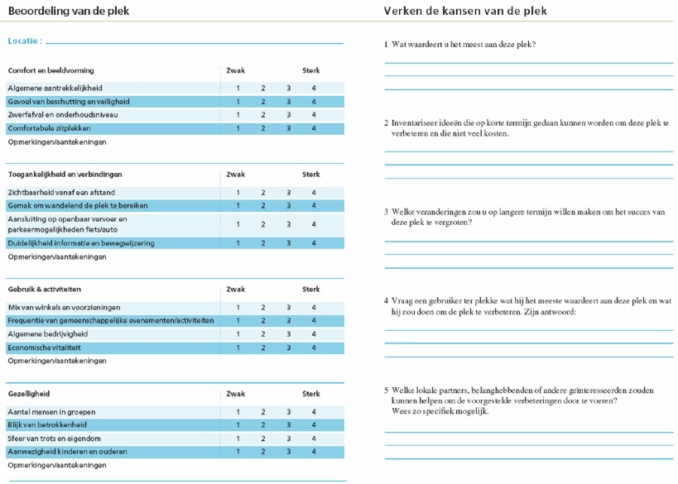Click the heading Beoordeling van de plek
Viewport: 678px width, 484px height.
pos(69,11)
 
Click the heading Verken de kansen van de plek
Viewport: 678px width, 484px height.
pos(465,11)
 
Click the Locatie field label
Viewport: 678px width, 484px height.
pos(25,41)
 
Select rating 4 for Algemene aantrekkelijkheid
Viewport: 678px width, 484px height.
pos(314,89)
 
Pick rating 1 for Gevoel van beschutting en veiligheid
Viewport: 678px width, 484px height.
pos(238,102)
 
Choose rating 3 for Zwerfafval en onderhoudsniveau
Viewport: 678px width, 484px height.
pos(288,115)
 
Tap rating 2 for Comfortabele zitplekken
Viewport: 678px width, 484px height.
pos(263,128)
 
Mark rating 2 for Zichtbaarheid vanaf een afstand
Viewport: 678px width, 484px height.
pos(263,193)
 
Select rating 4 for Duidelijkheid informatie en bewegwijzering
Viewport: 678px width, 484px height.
pos(314,243)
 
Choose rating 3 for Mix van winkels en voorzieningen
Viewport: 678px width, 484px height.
pos(288,308)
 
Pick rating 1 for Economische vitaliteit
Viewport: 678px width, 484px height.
pos(238,347)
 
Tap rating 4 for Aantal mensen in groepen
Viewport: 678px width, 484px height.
pos(314,412)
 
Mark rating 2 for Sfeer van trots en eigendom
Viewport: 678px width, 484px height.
pos(263,438)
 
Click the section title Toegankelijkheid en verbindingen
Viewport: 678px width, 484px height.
pos(65,175)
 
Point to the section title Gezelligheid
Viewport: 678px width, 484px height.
pos(29,394)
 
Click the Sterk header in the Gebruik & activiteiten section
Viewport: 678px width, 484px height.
pos(310,290)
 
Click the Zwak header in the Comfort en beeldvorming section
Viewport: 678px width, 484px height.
pos(235,70)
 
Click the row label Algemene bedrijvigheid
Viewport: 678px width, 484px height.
pos(48,334)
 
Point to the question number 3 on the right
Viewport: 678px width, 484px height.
pos(386,212)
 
